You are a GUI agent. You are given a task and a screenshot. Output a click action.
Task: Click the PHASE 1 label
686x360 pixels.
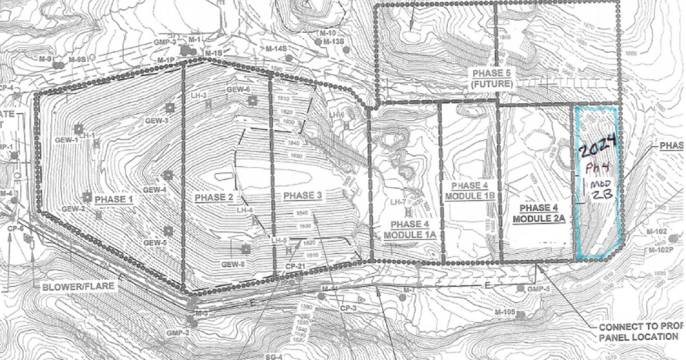click(x=113, y=199)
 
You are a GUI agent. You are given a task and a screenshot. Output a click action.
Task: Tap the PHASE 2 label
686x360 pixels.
click(x=214, y=198)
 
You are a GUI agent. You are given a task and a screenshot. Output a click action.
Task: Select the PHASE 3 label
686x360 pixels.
click(x=302, y=196)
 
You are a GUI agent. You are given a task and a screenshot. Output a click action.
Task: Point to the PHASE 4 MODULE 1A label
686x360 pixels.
click(x=410, y=229)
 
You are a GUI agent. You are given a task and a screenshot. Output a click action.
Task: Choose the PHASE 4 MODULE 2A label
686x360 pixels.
click(x=538, y=214)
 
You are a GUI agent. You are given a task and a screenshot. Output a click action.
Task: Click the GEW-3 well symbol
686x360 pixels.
click(x=169, y=107)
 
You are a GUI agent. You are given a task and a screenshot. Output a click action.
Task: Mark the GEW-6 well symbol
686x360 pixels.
click(x=252, y=101)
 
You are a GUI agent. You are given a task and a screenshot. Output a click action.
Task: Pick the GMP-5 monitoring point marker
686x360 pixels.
click(x=520, y=289)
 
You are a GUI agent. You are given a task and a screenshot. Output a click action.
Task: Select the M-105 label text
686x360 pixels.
click(x=505, y=313)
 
